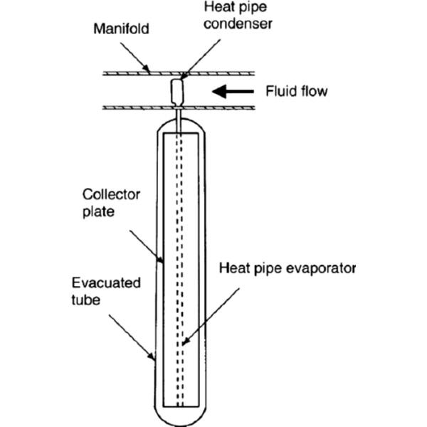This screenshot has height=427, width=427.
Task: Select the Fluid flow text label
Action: coord(296,91)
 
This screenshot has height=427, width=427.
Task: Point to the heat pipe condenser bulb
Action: coord(177,90)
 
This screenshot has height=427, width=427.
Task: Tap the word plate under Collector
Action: coord(97,211)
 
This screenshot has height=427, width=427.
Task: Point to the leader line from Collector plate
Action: coord(146,242)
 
